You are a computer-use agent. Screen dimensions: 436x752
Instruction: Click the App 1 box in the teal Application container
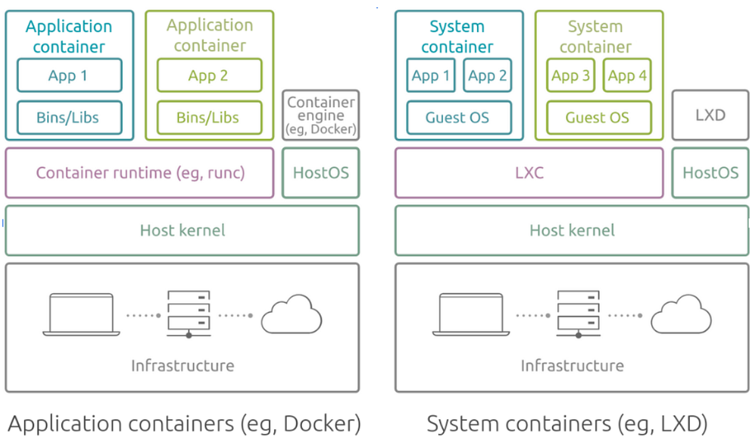tap(70, 76)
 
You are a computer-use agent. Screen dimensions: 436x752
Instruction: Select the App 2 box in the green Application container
tap(209, 76)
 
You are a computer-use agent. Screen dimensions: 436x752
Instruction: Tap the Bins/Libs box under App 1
tap(70, 117)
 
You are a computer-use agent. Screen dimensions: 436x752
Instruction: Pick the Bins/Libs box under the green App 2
tap(209, 117)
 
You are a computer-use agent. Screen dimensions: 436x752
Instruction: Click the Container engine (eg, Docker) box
tap(321, 115)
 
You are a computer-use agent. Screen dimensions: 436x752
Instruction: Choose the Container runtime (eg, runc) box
tap(140, 173)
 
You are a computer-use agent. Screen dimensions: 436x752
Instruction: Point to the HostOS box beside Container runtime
tap(321, 173)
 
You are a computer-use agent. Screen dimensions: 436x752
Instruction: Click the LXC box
tap(529, 173)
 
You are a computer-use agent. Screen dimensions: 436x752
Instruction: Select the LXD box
tap(710, 115)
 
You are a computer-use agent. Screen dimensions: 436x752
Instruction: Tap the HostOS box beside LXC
tap(710, 173)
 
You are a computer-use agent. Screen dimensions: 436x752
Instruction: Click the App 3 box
tap(570, 76)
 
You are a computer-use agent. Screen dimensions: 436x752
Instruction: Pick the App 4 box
tap(627, 76)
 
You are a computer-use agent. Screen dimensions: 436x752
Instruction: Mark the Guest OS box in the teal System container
tap(459, 117)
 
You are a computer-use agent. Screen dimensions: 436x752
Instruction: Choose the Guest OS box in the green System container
tap(598, 117)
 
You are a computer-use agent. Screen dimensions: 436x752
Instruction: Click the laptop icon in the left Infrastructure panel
tap(81, 314)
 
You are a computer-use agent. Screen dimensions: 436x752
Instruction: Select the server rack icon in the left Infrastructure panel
tap(188, 314)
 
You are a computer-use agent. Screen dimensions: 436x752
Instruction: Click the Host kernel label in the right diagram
tap(572, 231)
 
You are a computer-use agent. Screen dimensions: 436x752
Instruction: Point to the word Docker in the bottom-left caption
tap(321, 424)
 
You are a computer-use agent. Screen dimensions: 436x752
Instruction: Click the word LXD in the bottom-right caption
tap(683, 424)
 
